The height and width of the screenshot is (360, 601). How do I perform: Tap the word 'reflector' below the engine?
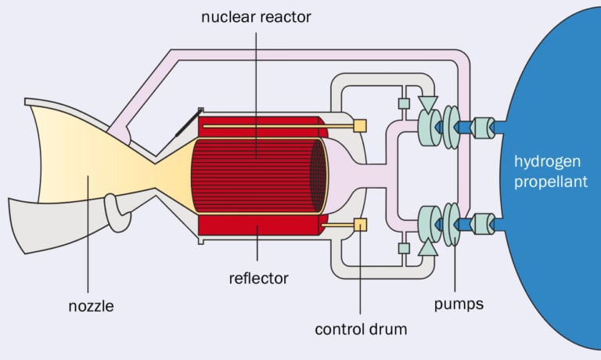[x=259, y=278]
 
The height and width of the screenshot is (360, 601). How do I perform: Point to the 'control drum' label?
[x=361, y=329]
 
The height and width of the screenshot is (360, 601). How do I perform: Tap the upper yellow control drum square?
[x=360, y=125]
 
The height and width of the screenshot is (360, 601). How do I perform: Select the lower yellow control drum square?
[x=360, y=225]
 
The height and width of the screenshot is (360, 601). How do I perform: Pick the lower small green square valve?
[x=404, y=248]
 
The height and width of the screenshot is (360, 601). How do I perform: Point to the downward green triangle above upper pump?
[x=427, y=103]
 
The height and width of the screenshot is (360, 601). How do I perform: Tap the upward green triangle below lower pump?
[x=427, y=248]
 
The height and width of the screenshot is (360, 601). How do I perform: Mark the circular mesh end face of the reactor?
[x=318, y=175]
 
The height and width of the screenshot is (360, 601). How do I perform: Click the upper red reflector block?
[x=258, y=125]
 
